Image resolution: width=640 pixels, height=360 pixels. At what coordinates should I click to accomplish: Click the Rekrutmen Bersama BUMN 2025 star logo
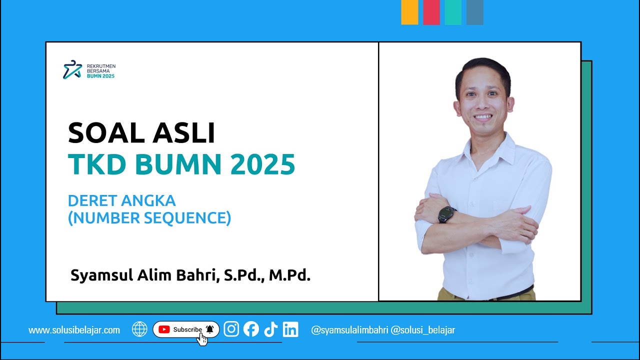click(72, 70)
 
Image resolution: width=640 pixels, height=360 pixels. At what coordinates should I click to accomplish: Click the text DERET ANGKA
click(121, 201)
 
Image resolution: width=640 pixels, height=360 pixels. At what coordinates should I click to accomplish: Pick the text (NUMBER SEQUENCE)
click(149, 218)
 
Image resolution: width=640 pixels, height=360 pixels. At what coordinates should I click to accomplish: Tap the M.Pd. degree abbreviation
click(289, 275)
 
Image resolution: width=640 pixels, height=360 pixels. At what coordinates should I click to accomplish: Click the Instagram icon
click(231, 329)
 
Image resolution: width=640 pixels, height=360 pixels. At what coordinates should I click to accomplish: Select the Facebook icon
click(251, 329)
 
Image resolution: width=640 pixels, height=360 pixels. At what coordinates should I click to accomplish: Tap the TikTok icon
click(270, 329)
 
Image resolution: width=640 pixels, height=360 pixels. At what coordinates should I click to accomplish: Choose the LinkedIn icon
click(290, 329)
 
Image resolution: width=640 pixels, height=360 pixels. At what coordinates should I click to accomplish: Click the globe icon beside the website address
click(139, 329)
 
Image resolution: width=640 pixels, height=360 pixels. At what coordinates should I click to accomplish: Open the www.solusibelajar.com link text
click(74, 330)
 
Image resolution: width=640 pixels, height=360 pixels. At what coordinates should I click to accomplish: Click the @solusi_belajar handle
click(422, 330)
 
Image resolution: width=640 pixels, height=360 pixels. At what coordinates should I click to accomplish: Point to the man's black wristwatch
click(446, 214)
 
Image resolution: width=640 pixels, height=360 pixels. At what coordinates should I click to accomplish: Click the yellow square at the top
click(409, 12)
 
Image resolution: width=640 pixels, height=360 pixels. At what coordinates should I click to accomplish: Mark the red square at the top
click(431, 12)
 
